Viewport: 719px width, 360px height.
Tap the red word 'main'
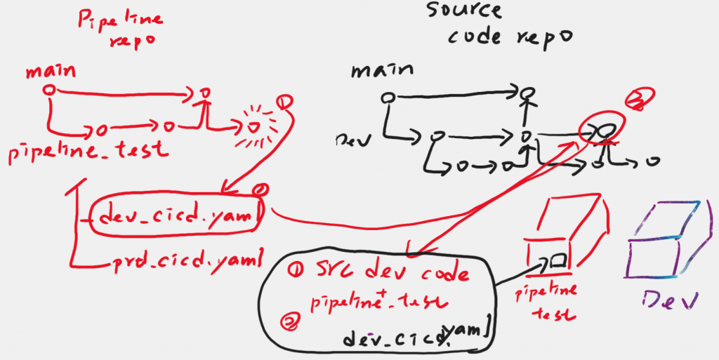tap(51, 72)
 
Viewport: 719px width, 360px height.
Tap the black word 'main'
tap(382, 70)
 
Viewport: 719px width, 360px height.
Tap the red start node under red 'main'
tap(48, 90)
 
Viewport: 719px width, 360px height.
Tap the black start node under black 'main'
tap(385, 97)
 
